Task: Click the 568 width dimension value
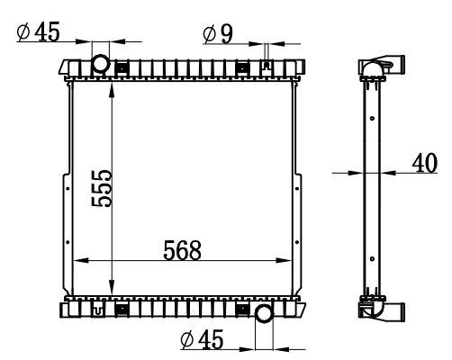tap(182, 250)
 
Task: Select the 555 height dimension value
tap(102, 188)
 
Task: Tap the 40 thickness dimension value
tap(425, 163)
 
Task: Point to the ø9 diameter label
tap(218, 34)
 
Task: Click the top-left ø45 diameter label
tap(39, 31)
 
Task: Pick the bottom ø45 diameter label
tap(203, 339)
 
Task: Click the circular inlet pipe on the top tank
tap(101, 63)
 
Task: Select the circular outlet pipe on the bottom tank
tap(265, 314)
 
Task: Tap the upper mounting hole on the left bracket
tap(68, 189)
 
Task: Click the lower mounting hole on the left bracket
tap(68, 242)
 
